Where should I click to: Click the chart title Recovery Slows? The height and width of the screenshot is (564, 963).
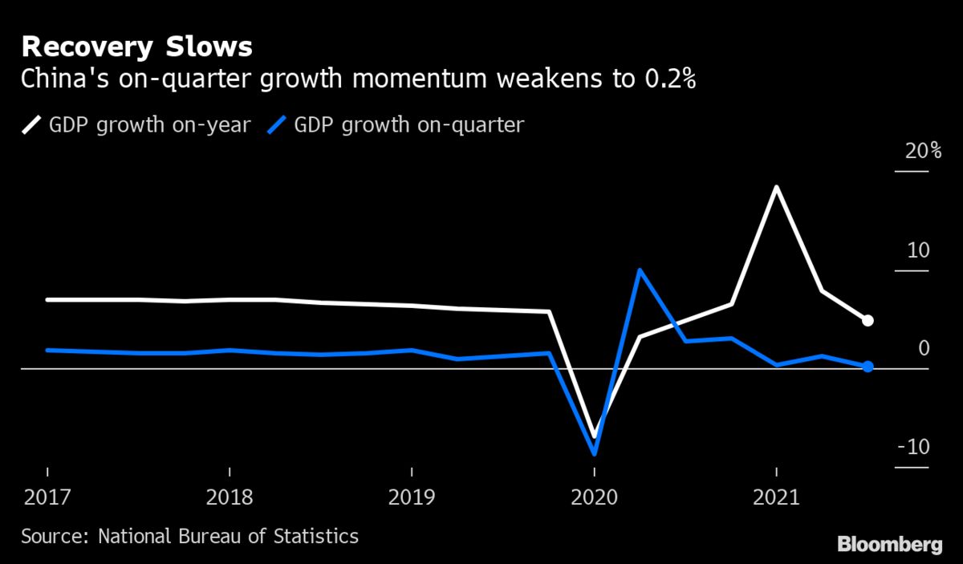pos(136,47)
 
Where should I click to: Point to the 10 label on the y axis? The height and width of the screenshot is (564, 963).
pos(917,250)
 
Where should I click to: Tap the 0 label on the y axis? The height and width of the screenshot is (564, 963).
pos(923,348)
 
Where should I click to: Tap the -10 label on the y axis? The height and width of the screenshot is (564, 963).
pos(912,447)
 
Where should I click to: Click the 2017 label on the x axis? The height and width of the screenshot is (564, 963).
pos(47,497)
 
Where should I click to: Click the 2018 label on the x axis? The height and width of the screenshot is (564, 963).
pos(230,497)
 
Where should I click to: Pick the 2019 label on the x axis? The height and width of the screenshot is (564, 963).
pos(412,497)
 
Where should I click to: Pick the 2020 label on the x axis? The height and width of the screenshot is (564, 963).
pos(594,497)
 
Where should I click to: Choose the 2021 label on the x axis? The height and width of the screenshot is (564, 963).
pos(776,497)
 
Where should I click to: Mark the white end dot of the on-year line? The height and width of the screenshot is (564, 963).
pos(868,321)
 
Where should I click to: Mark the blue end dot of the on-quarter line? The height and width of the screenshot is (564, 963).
pos(868,367)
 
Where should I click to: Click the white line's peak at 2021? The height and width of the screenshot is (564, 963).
pos(776,187)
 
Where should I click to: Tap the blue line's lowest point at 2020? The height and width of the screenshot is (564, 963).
pos(595,453)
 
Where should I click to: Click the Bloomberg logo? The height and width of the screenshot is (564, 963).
pos(890,545)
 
